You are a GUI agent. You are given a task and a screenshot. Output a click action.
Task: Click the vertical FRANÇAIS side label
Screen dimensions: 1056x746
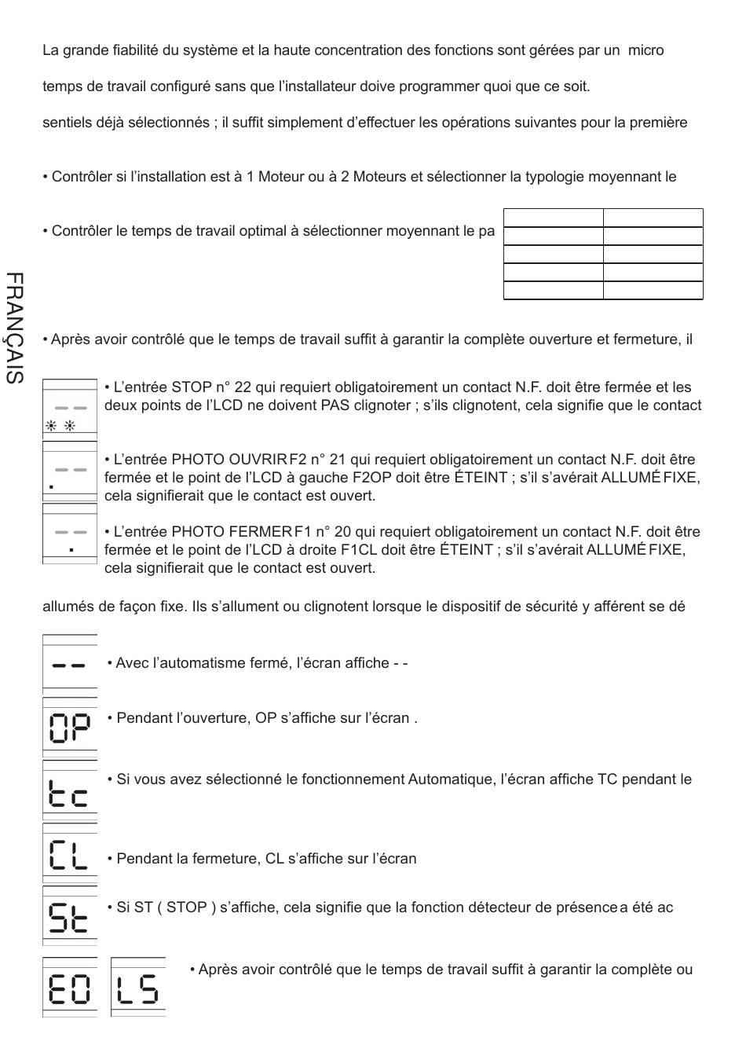click(x=14, y=328)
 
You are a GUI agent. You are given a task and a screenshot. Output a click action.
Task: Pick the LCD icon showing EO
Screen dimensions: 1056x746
click(x=70, y=988)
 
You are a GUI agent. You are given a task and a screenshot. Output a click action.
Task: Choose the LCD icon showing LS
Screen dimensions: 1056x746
click(x=138, y=988)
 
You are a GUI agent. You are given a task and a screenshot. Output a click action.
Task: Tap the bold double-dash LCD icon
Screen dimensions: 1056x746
click(x=70, y=665)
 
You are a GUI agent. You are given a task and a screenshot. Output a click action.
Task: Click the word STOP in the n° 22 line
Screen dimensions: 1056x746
click(x=192, y=387)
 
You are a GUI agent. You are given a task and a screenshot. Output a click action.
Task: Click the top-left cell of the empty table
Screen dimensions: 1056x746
click(x=553, y=218)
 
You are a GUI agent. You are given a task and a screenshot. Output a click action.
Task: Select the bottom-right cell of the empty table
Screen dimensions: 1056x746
click(x=653, y=291)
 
